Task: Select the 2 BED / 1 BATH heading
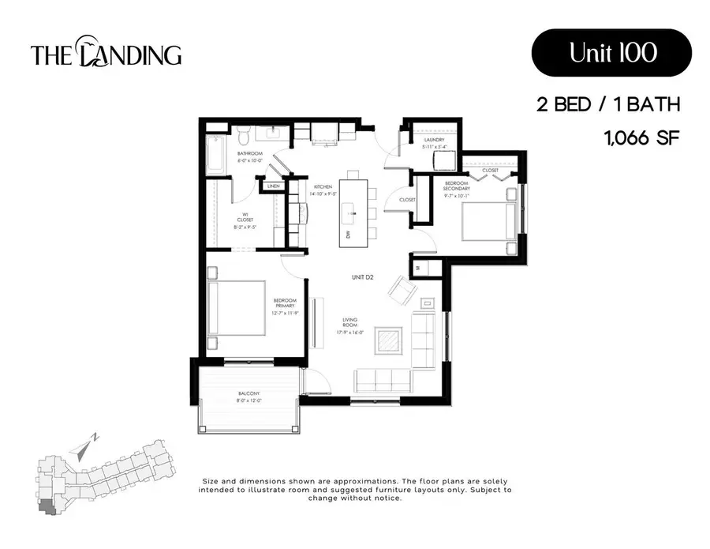click(x=607, y=103)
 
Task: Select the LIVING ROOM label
click(x=350, y=323)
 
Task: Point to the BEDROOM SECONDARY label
click(x=456, y=185)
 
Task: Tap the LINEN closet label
click(x=273, y=186)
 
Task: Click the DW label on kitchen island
click(x=347, y=235)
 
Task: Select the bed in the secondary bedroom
click(x=490, y=223)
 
